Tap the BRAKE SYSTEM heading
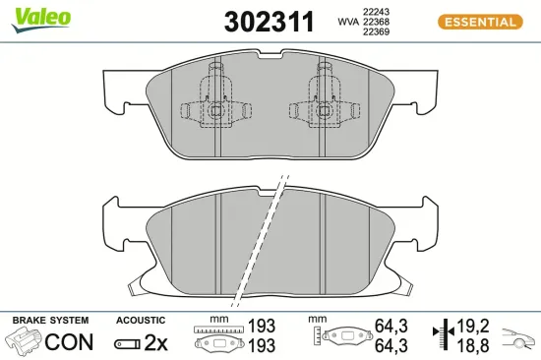coord(49,321)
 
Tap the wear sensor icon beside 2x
coord(127,343)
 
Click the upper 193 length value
coord(260,326)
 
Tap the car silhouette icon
coord(518,341)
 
